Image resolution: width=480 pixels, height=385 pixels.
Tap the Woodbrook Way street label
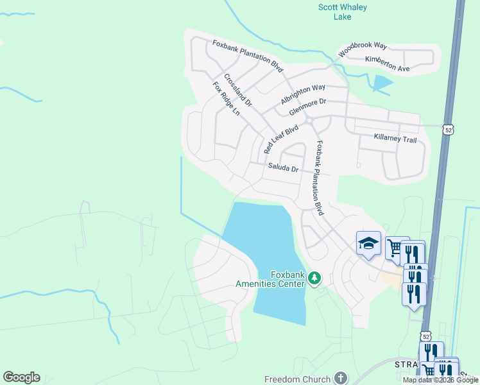pos(363,49)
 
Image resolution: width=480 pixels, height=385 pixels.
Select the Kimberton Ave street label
pos(387,64)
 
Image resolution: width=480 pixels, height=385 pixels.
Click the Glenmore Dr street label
pos(308,107)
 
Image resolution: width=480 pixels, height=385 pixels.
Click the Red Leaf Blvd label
pos(282,139)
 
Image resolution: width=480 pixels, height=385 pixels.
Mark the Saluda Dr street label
pos(283,169)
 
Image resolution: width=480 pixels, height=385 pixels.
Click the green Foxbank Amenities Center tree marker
pos(314,278)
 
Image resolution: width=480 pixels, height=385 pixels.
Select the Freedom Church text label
pos(297,379)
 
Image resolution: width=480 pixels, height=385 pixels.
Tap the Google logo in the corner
pos(21,377)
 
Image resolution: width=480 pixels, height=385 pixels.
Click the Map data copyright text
pos(440,380)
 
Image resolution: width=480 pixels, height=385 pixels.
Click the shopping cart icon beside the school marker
pos(394,246)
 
